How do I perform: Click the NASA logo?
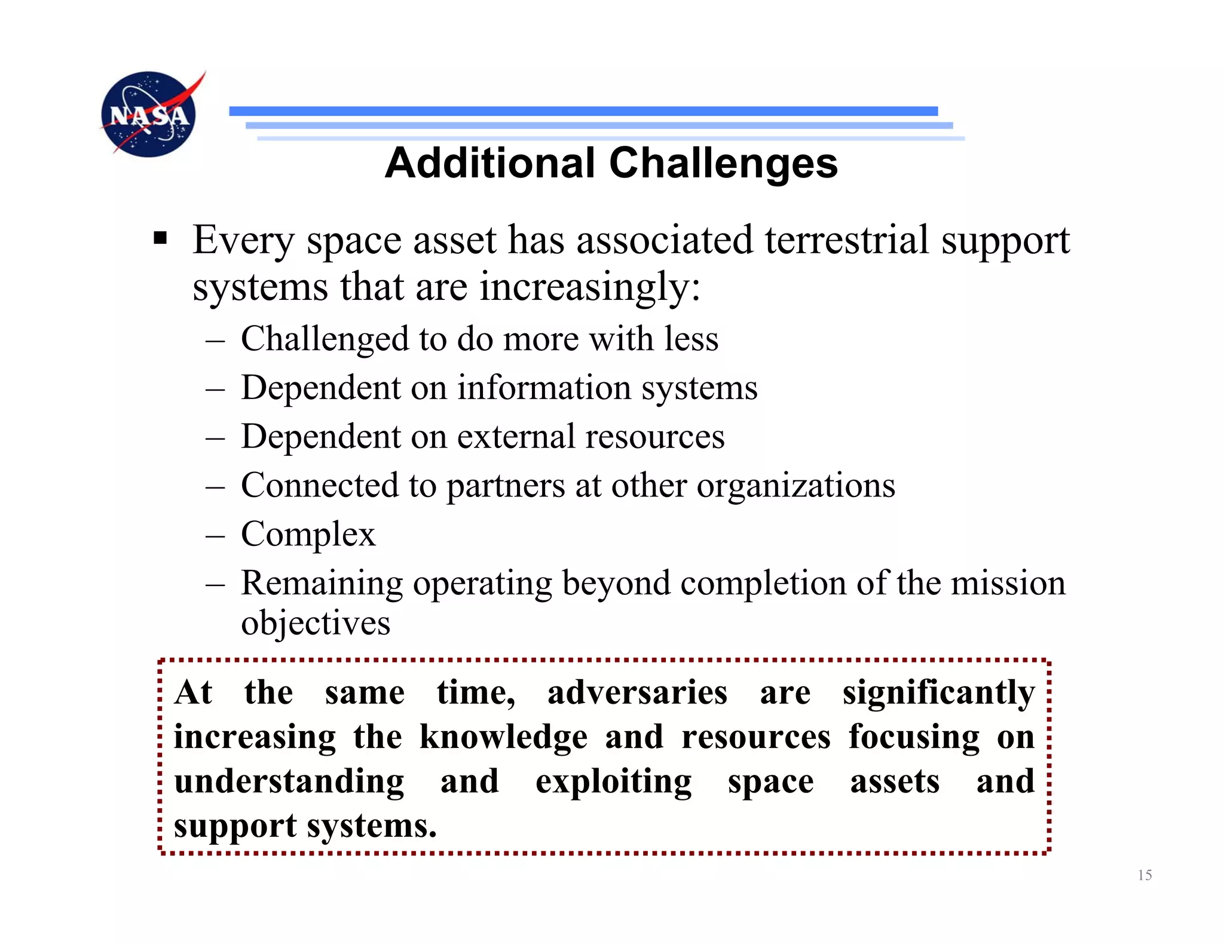(149, 114)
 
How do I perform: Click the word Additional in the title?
(490, 163)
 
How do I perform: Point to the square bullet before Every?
(160, 239)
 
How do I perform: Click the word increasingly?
(589, 287)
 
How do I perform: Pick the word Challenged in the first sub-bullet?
(325, 339)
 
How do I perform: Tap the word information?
(544, 388)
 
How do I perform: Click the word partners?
(506, 486)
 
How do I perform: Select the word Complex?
(308, 534)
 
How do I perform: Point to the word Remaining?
(322, 584)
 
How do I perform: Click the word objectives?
(316, 623)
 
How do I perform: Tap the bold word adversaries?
(637, 693)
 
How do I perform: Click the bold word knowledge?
(503, 738)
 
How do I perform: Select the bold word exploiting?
(613, 783)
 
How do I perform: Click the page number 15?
(1145, 875)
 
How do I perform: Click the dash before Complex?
(215, 535)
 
